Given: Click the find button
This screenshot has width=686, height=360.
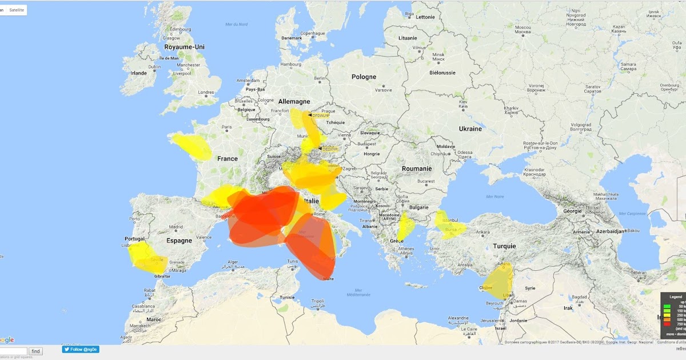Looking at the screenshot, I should point(35,351).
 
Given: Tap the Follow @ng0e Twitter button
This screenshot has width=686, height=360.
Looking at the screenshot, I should point(81,349).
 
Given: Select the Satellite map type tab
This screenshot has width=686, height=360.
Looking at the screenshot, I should point(17,10).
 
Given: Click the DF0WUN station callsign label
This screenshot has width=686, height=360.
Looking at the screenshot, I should point(320,115).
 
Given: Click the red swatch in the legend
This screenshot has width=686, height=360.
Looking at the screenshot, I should point(667,324).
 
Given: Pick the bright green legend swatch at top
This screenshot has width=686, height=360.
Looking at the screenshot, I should point(667,307).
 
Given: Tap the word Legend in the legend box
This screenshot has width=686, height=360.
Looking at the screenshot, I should point(676,297).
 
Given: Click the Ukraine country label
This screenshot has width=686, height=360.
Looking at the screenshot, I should point(470,129).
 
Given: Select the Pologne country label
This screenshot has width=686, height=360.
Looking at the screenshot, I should point(364,77).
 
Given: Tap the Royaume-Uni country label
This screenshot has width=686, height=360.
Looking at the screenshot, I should point(184,47).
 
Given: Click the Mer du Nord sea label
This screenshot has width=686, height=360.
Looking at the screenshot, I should point(236,24).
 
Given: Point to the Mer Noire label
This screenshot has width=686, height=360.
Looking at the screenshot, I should point(495,196).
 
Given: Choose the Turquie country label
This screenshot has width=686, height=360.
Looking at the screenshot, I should point(504,246).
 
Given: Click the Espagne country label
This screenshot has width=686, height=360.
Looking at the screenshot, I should point(179,241).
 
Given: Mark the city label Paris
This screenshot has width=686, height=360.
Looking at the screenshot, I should point(226,127).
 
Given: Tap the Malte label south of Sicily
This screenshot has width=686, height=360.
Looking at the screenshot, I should point(328,279).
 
